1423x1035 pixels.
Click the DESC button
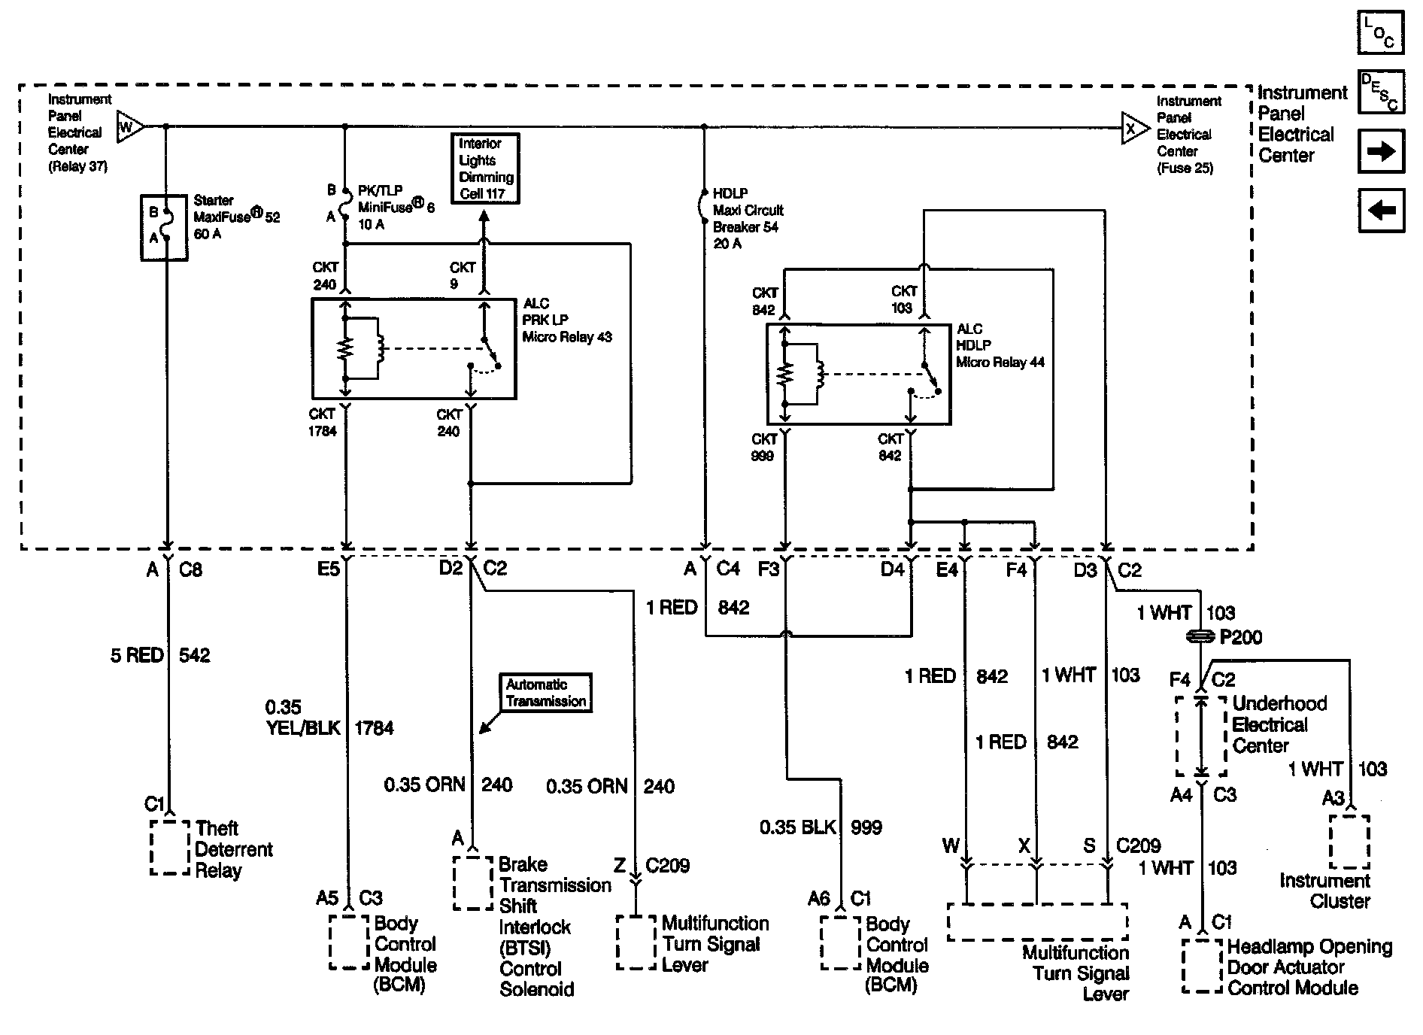click(x=1381, y=93)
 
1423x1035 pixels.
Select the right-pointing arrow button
click(x=1381, y=151)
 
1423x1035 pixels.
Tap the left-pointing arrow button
click(x=1381, y=210)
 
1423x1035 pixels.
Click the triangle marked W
click(x=129, y=127)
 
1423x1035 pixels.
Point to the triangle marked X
click(x=1133, y=129)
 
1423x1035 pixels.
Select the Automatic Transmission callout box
click(x=546, y=693)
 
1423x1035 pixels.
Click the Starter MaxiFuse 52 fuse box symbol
click(x=164, y=228)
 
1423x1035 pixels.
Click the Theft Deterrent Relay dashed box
click(x=170, y=848)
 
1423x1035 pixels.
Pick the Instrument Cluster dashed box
click(x=1349, y=842)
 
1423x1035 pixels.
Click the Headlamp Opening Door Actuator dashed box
click(x=1202, y=966)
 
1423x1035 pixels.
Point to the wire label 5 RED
click(x=137, y=656)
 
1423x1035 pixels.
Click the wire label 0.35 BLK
click(x=797, y=827)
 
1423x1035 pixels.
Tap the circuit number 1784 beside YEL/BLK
click(x=374, y=728)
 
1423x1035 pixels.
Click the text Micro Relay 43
click(x=567, y=337)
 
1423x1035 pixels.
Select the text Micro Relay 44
click(x=1000, y=363)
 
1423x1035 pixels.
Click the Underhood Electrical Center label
click(x=1279, y=724)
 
